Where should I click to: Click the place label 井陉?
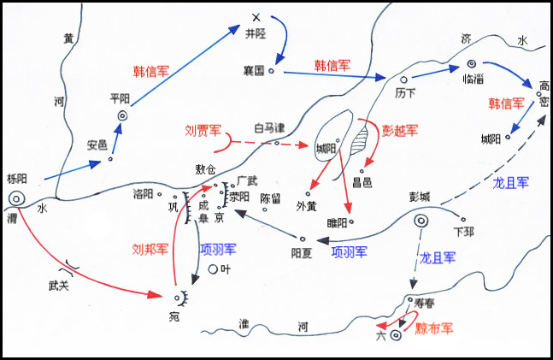point(256,36)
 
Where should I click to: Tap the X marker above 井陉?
point(255,17)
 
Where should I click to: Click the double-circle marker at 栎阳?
point(16,198)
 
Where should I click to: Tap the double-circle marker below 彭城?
point(421,220)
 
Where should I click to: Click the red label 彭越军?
point(398,130)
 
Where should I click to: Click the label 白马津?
point(268,127)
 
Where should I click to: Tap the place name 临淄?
point(473,79)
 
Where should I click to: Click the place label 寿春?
point(424,303)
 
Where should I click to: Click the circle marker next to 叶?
point(213,270)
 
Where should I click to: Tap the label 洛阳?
point(143,193)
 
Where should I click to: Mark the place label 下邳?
point(464,231)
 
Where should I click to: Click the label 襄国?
point(254,72)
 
